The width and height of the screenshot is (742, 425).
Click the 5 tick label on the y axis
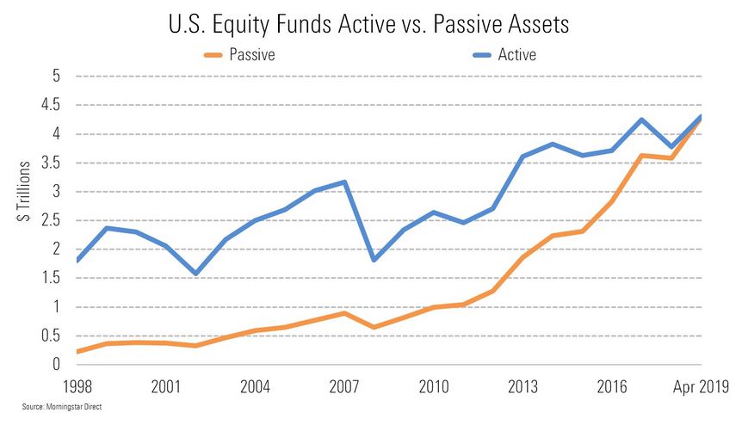click(56, 76)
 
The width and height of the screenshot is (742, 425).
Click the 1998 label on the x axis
click(77, 385)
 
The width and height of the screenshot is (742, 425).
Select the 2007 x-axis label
click(344, 385)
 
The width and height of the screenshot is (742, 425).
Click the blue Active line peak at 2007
click(344, 182)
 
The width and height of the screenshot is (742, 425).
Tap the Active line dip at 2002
click(196, 274)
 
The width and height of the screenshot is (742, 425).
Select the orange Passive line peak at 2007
click(344, 313)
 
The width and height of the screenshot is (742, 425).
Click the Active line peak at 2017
click(641, 120)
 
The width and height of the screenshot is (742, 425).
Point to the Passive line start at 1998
click(77, 352)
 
